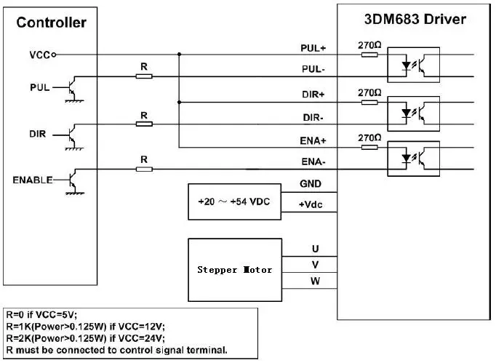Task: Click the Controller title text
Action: click(x=51, y=23)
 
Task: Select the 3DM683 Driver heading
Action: click(x=415, y=20)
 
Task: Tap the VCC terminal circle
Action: click(x=54, y=55)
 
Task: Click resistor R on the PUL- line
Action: click(x=144, y=76)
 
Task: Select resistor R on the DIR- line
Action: click(x=144, y=124)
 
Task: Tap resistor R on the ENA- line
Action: click(x=144, y=169)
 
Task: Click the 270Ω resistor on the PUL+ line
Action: click(x=369, y=55)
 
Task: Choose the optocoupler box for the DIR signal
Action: click(x=413, y=114)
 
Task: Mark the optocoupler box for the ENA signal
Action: click(x=413, y=159)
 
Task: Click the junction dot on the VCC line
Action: click(x=180, y=55)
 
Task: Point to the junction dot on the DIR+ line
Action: click(x=180, y=103)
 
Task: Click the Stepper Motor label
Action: click(x=234, y=270)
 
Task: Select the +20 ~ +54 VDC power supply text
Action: click(x=233, y=202)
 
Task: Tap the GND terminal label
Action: click(x=311, y=184)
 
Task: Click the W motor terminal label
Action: click(x=315, y=281)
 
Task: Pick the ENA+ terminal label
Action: click(x=313, y=141)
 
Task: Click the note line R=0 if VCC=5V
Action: click(x=41, y=314)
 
